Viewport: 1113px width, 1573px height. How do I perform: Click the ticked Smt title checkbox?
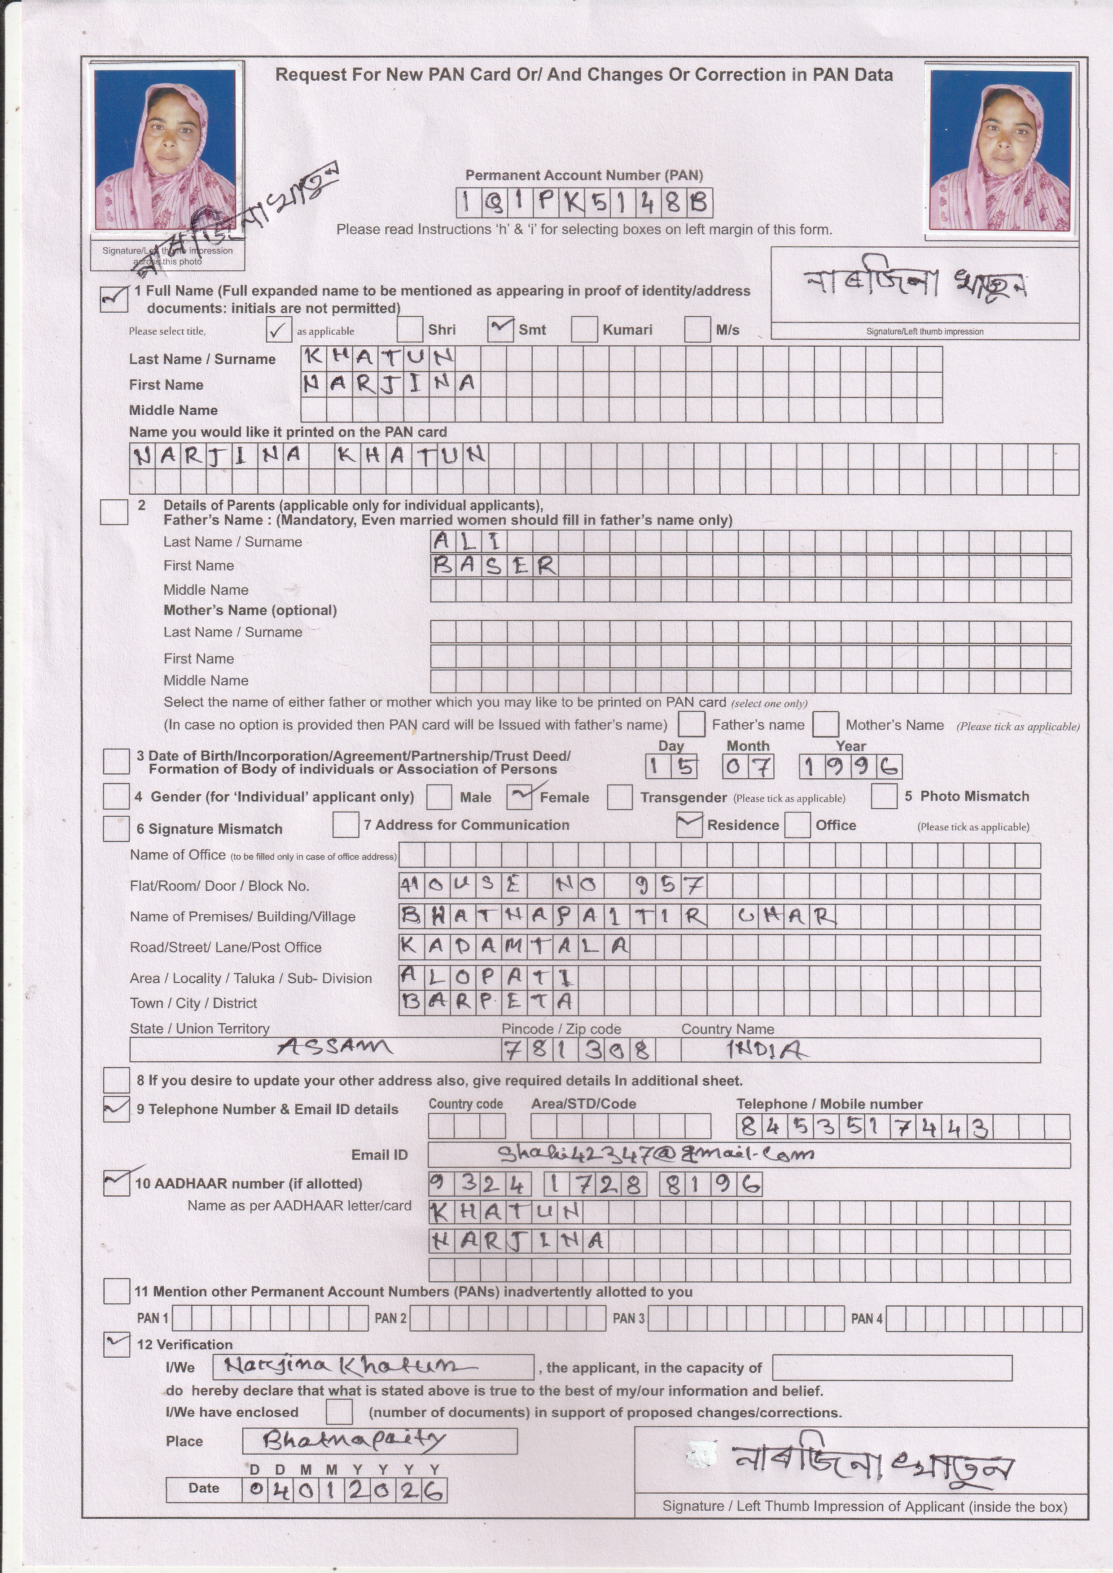(x=501, y=330)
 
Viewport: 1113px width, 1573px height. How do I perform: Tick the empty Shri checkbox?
(x=410, y=330)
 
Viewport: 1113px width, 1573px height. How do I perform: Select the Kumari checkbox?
(x=584, y=330)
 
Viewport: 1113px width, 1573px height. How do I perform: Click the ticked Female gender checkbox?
(x=520, y=797)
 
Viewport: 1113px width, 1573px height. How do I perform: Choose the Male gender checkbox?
(x=438, y=797)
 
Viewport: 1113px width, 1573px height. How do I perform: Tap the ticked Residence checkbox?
(x=689, y=825)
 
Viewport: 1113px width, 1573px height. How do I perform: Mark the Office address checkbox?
(x=797, y=825)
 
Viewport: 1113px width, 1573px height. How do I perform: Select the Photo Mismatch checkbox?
(x=884, y=796)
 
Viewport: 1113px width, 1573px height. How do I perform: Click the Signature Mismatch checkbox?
(x=116, y=828)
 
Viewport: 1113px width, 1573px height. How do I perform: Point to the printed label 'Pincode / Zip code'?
(x=561, y=1029)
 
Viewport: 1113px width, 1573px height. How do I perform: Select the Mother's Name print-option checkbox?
(x=825, y=724)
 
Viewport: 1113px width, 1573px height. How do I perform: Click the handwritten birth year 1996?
(x=850, y=766)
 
